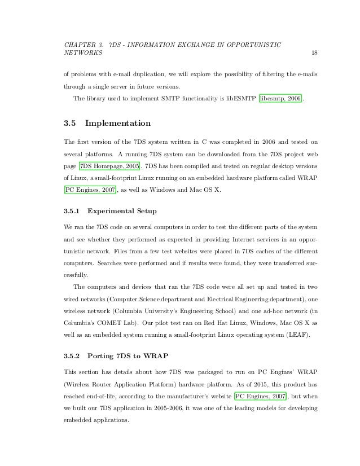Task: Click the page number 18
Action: [x=314, y=53]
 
